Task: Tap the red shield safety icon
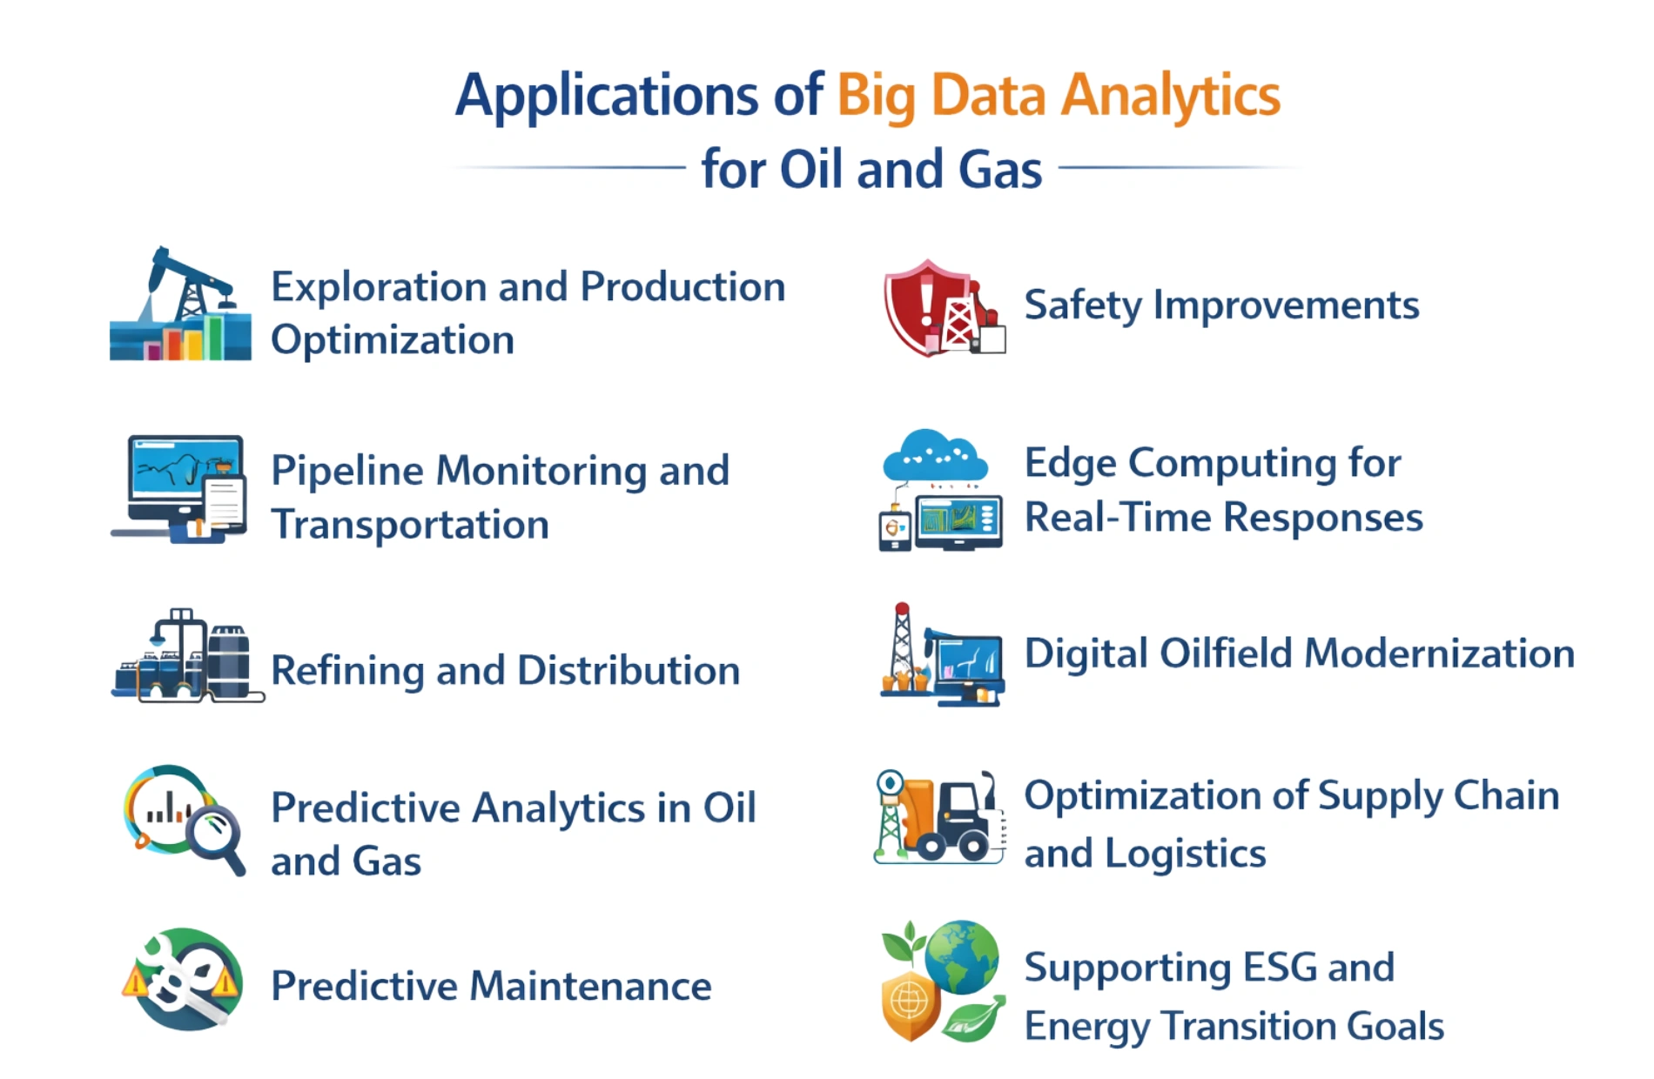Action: click(x=918, y=305)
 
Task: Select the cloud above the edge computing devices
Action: click(x=935, y=456)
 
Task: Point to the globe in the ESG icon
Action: click(x=961, y=957)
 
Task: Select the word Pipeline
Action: click(x=347, y=471)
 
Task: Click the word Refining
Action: click(x=347, y=671)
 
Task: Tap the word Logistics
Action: click(x=1185, y=854)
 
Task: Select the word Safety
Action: click(x=1082, y=305)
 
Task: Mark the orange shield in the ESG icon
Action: click(x=910, y=1005)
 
